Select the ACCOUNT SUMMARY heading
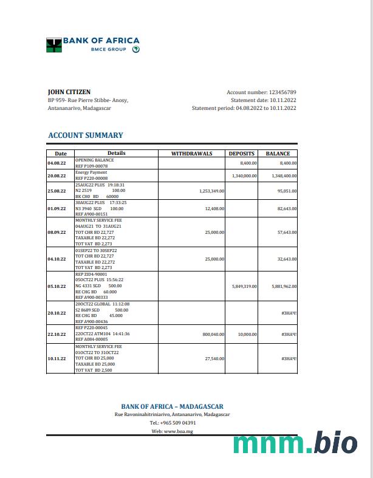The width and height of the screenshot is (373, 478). pyautogui.click(x=86, y=135)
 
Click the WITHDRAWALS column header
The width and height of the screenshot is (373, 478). pyautogui.click(x=192, y=154)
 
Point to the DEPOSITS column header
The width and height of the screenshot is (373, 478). pyautogui.click(x=241, y=154)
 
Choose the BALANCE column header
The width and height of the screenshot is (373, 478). pyautogui.click(x=278, y=154)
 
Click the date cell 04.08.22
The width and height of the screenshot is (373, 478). pyautogui.click(x=56, y=163)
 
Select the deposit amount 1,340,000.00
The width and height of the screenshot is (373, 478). pyautogui.click(x=245, y=176)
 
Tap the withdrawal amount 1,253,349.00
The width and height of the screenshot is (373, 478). pyautogui.click(x=211, y=191)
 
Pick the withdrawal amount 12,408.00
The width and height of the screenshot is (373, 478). pyautogui.click(x=214, y=208)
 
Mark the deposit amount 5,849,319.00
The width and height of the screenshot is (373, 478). pyautogui.click(x=245, y=286)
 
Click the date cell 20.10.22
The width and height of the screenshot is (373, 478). pyautogui.click(x=56, y=313)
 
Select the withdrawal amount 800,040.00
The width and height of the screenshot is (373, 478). pyautogui.click(x=213, y=334)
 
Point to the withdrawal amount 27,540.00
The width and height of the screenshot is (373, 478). pyautogui.click(x=214, y=358)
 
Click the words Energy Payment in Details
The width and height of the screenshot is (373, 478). pyautogui.click(x=91, y=172)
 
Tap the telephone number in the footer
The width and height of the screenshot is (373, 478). pyautogui.click(x=173, y=423)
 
